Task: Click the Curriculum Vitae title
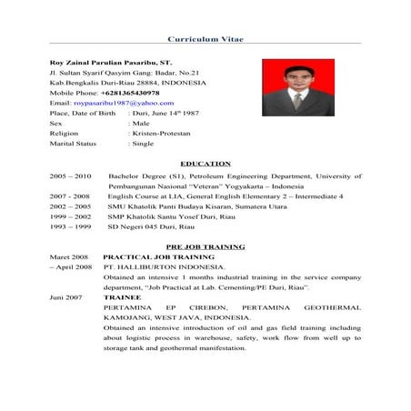click(205, 40)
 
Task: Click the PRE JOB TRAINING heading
click(206, 247)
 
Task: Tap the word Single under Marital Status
click(142, 143)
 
